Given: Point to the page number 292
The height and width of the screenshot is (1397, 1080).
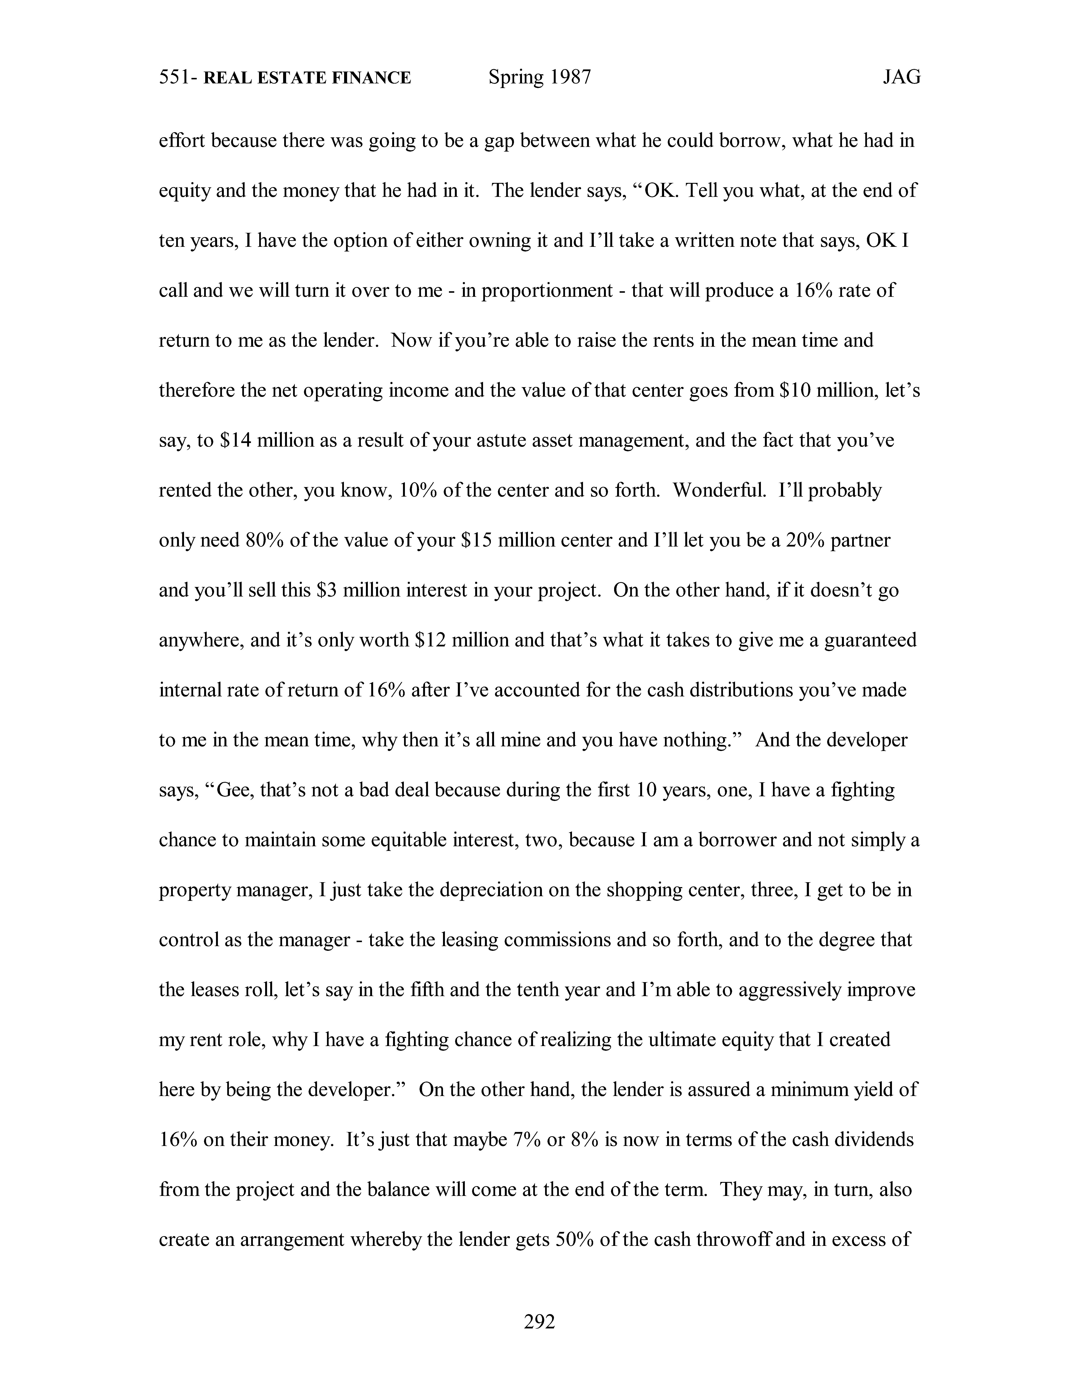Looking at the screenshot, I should coord(539,1321).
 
